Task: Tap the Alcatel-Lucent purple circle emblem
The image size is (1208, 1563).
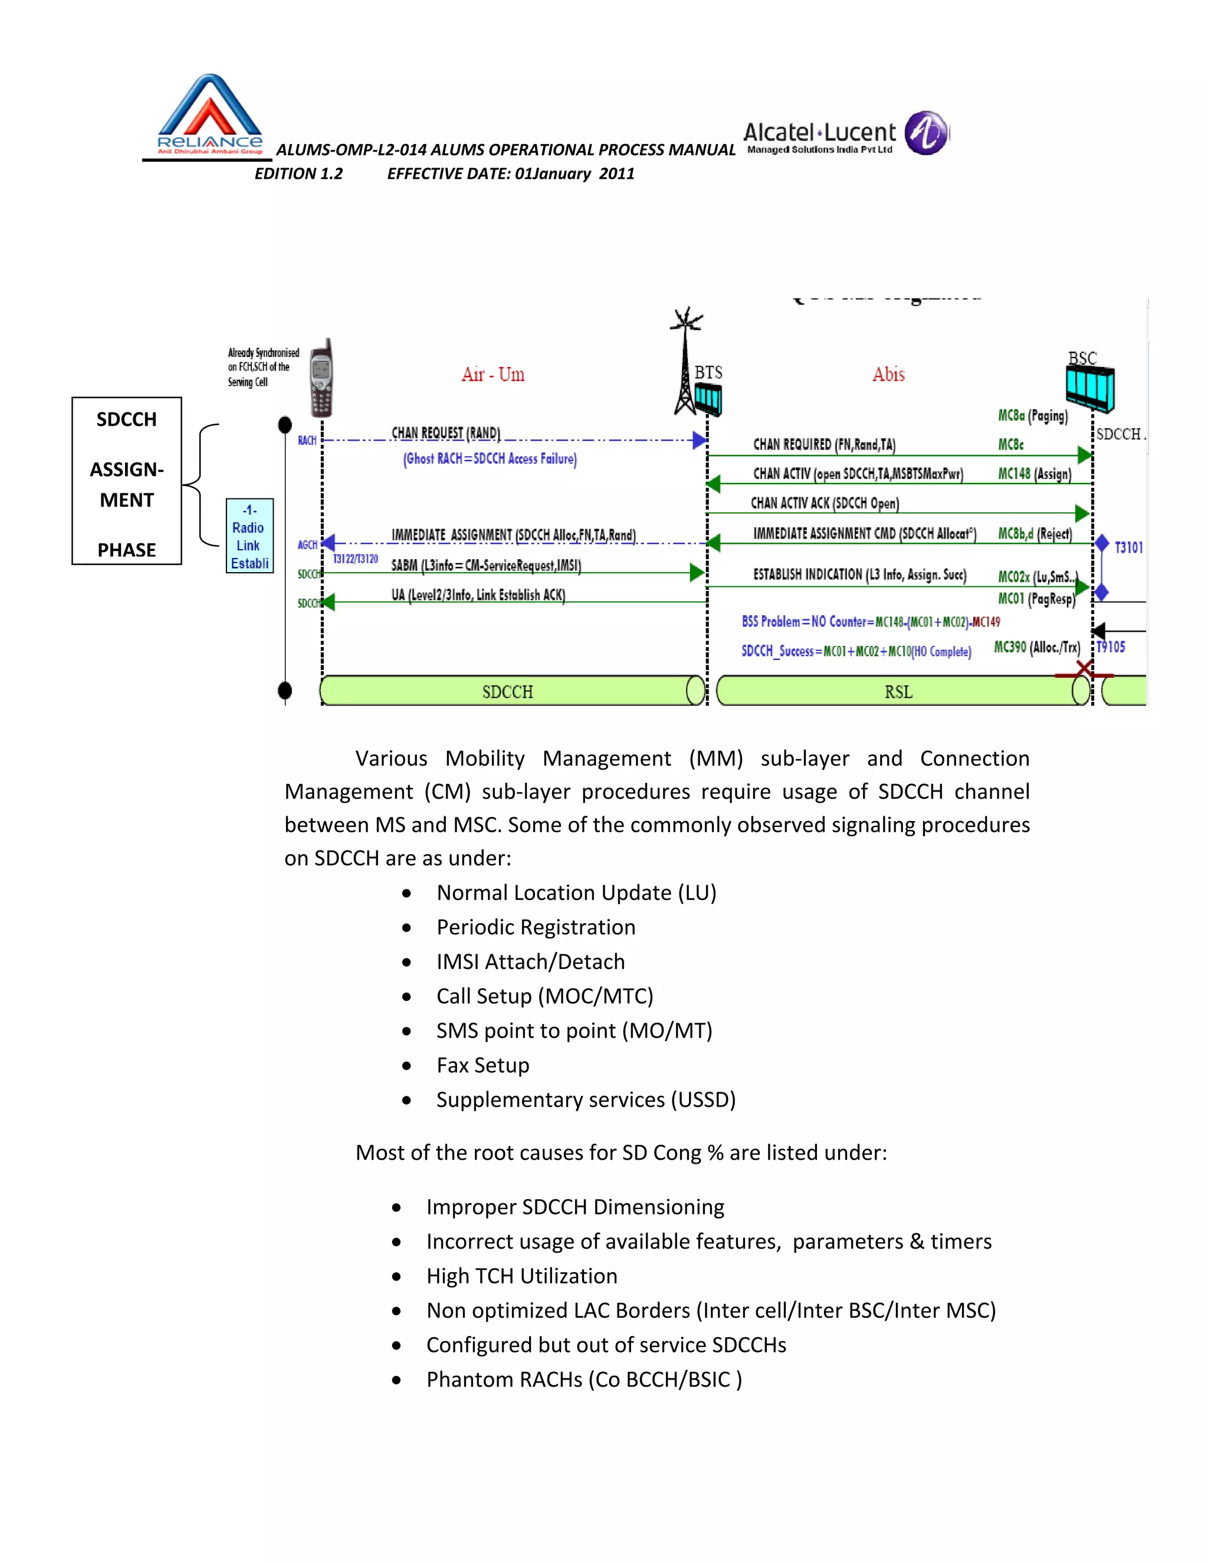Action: [926, 133]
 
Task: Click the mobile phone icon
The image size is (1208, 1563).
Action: [321, 378]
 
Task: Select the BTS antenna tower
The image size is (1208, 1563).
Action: [685, 362]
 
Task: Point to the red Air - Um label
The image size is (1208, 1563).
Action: [493, 375]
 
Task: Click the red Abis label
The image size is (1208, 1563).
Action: [888, 375]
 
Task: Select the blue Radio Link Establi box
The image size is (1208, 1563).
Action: [249, 536]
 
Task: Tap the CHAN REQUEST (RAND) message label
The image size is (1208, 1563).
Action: [445, 433]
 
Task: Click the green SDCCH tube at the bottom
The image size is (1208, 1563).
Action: [507, 691]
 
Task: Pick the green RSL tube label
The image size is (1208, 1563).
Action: [898, 692]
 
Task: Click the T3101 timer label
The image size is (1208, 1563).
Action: [1128, 547]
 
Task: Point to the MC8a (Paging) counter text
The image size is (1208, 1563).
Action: [1032, 416]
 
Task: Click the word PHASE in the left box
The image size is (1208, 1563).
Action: [127, 550]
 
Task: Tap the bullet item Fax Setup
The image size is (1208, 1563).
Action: [482, 1065]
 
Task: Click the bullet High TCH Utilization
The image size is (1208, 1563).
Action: [521, 1276]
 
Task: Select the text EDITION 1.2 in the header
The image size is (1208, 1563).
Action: [298, 174]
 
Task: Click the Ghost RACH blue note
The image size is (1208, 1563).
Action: [490, 459]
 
